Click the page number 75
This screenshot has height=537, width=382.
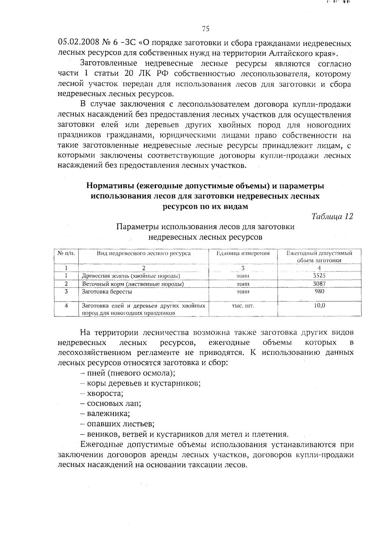(205, 29)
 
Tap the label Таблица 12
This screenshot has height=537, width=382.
(332, 216)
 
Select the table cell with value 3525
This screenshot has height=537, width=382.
(319, 276)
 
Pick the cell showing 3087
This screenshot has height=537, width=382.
(319, 283)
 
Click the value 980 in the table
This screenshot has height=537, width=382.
(319, 291)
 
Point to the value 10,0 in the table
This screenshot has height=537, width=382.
(319, 305)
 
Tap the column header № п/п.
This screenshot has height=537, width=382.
(66, 254)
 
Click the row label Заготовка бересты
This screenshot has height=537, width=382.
(107, 291)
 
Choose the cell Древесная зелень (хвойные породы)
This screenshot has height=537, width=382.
(131, 276)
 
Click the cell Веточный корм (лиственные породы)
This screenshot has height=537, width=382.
(133, 284)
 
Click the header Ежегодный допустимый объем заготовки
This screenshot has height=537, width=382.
(319, 257)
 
